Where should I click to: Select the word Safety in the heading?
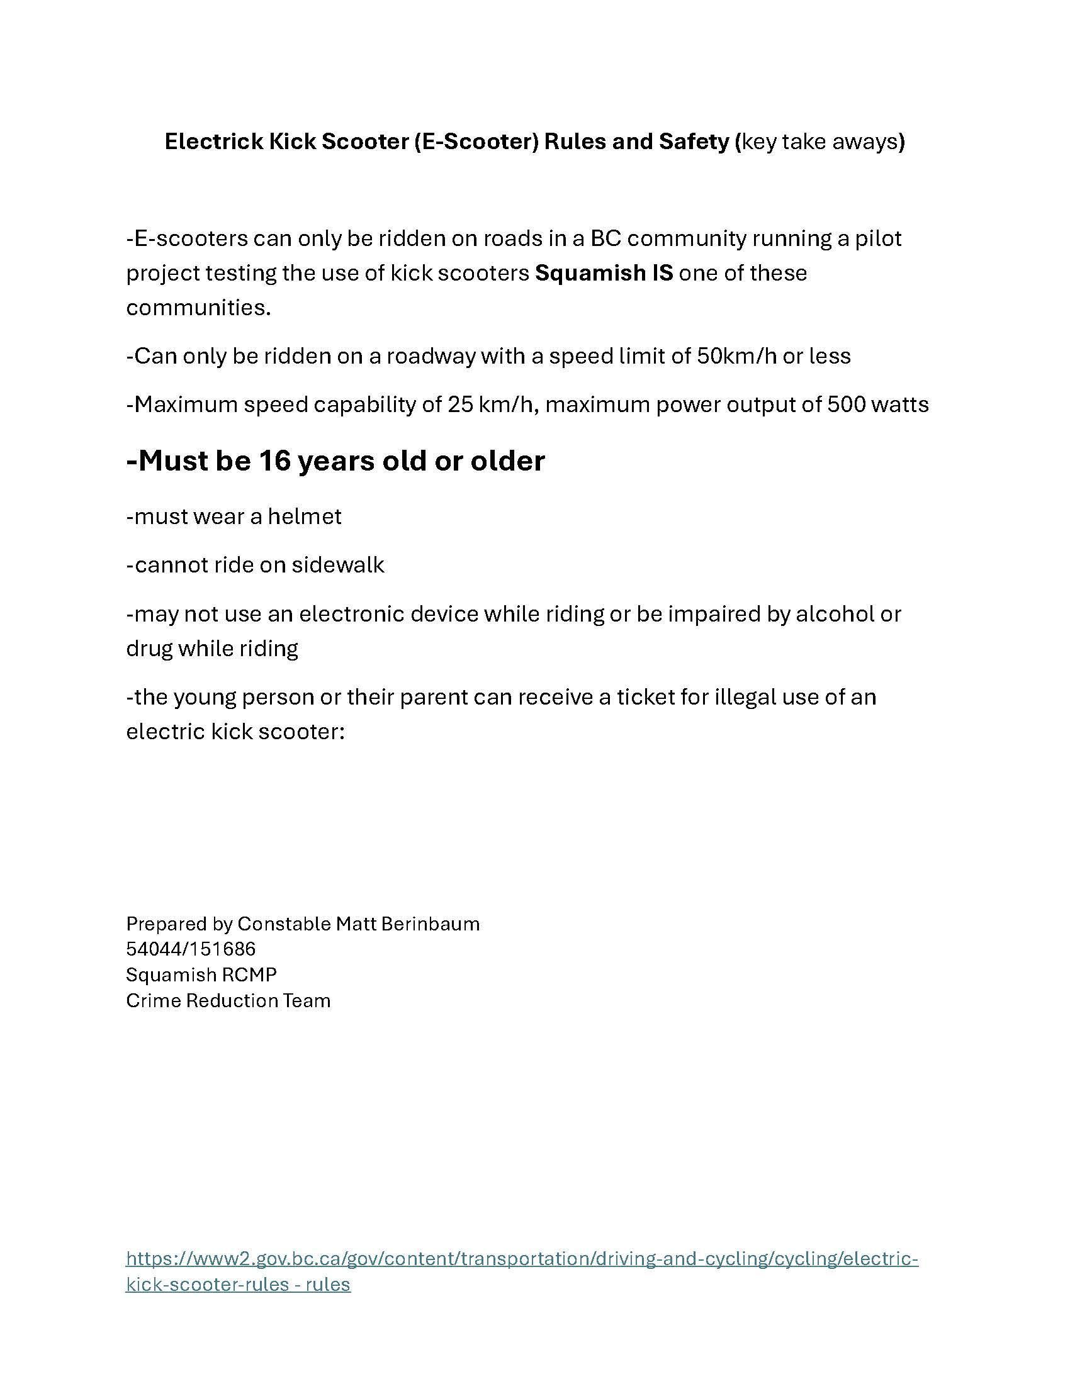pos(694,142)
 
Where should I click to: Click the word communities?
pos(198,308)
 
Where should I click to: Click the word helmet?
pos(304,516)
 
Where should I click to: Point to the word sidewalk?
pos(337,565)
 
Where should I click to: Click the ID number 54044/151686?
pos(191,949)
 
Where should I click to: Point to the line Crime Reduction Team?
pos(228,1001)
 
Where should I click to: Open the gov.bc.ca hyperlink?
pos(522,1258)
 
